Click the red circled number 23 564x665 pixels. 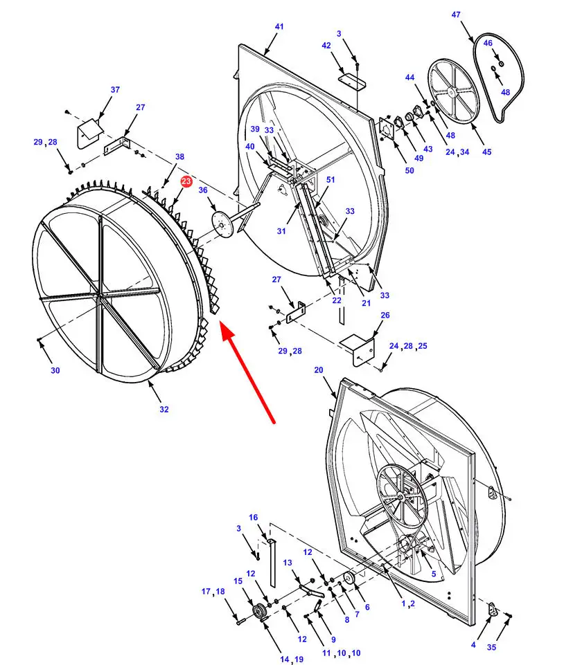tap(186, 181)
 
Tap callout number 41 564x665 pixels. tap(279, 27)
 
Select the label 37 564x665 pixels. tap(115, 90)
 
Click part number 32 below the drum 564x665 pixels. tap(164, 409)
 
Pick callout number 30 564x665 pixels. tap(55, 370)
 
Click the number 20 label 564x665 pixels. tap(319, 370)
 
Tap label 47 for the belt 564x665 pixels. tap(475, 15)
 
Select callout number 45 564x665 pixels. tap(486, 152)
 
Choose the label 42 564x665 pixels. tap(326, 46)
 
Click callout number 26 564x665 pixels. tap(385, 316)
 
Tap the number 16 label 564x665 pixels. tap(254, 518)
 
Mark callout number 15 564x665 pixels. tap(238, 581)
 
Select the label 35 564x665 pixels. tap(491, 648)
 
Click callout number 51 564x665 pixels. tap(331, 180)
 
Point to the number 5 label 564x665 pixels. tap(434, 574)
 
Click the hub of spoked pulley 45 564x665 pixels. tap(450, 91)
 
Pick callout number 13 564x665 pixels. tap(288, 563)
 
